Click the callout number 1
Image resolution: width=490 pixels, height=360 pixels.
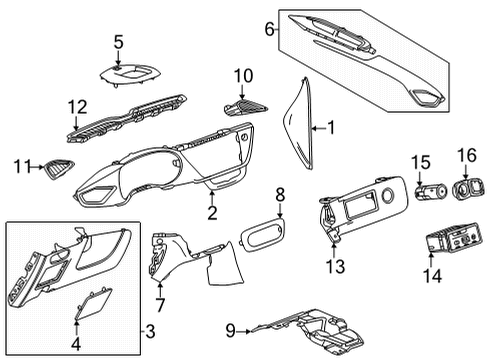point(332,128)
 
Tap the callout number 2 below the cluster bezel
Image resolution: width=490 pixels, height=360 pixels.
point(211,213)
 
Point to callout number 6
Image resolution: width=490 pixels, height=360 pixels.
point(269,30)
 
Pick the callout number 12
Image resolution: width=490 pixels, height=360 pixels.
point(76,106)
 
